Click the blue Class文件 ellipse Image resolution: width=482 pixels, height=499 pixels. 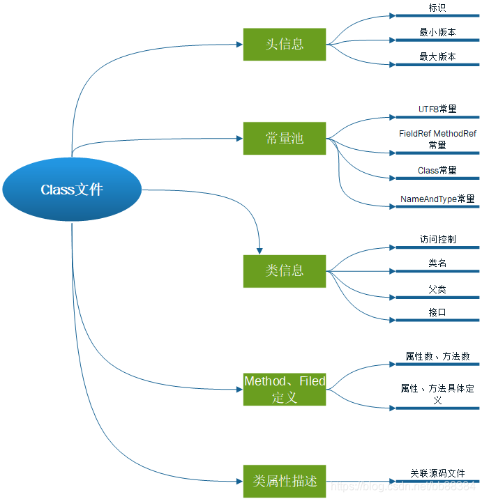72,190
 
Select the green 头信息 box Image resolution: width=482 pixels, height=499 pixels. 285,44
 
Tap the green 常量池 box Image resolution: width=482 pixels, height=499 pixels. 285,138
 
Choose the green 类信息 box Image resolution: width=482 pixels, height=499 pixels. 285,270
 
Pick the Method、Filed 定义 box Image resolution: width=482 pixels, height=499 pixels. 285,389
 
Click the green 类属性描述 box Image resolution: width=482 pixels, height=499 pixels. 285,481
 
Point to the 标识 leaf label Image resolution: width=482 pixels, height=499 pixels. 437,8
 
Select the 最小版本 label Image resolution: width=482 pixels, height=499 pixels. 437,33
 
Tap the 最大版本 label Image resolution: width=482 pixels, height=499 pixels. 437,57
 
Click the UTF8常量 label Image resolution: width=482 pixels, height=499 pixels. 437,109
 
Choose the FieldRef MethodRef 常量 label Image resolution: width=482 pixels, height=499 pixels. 437,139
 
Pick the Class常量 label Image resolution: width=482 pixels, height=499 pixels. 437,171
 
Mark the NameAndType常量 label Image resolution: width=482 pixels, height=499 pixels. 437,199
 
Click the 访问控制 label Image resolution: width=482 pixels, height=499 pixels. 437,240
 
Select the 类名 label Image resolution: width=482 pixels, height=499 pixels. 437,263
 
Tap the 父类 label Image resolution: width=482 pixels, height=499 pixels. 437,289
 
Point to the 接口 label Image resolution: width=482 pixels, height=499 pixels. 437,313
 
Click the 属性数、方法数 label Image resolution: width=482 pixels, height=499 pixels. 437,357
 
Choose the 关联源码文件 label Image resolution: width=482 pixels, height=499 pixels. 437,474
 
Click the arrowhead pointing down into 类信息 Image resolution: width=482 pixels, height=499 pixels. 260,249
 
